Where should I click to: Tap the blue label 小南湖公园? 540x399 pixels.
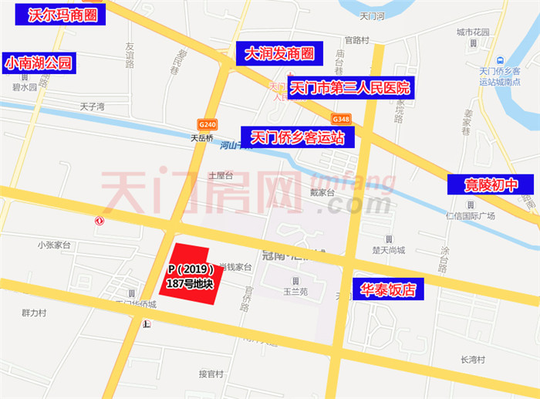pos(39,63)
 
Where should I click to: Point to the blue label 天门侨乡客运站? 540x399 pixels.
pos(297,137)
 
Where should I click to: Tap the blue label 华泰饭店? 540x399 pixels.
pos(388,289)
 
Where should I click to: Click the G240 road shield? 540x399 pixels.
pos(207,123)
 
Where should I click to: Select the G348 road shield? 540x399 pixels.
pos(342,119)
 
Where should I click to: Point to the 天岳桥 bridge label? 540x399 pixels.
pos(201,139)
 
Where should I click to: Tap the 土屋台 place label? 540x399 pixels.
pos(220,175)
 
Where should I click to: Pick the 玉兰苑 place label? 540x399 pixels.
pos(295,292)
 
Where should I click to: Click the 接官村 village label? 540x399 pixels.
pos(211,374)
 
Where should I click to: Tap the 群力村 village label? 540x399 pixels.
pos(34,313)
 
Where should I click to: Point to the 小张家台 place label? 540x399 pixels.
pos(53,245)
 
